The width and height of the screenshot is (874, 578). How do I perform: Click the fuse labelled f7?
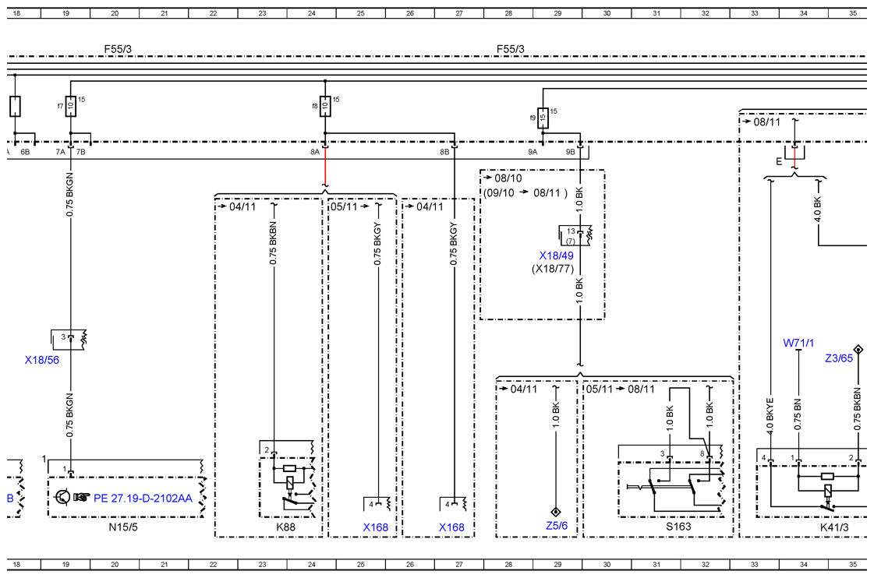point(71,106)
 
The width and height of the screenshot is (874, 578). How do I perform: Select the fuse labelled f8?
point(325,106)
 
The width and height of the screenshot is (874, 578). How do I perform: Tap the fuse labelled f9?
point(543,118)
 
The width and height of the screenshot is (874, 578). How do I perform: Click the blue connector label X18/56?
point(42,360)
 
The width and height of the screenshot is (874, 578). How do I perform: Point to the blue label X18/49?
point(556,256)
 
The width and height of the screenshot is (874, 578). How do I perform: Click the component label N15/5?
point(123,527)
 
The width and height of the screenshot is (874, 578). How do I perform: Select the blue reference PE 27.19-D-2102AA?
point(143,498)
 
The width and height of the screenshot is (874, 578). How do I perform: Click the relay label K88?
point(285,527)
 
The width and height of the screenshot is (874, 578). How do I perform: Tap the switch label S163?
point(678,527)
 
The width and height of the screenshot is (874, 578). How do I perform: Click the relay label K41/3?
point(834,527)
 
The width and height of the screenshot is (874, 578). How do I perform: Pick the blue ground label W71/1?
point(798,343)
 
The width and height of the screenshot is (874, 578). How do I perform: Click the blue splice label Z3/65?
point(839,358)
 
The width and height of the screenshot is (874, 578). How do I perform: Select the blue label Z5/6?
point(557,526)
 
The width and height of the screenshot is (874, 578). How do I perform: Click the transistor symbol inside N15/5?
point(63,497)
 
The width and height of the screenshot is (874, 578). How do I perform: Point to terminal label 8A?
point(315,151)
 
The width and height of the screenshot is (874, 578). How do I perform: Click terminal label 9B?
point(570,151)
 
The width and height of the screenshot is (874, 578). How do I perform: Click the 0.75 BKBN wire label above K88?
point(273,244)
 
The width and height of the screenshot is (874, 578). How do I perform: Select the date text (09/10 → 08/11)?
point(525,193)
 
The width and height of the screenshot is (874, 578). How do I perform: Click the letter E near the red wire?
point(779,161)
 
